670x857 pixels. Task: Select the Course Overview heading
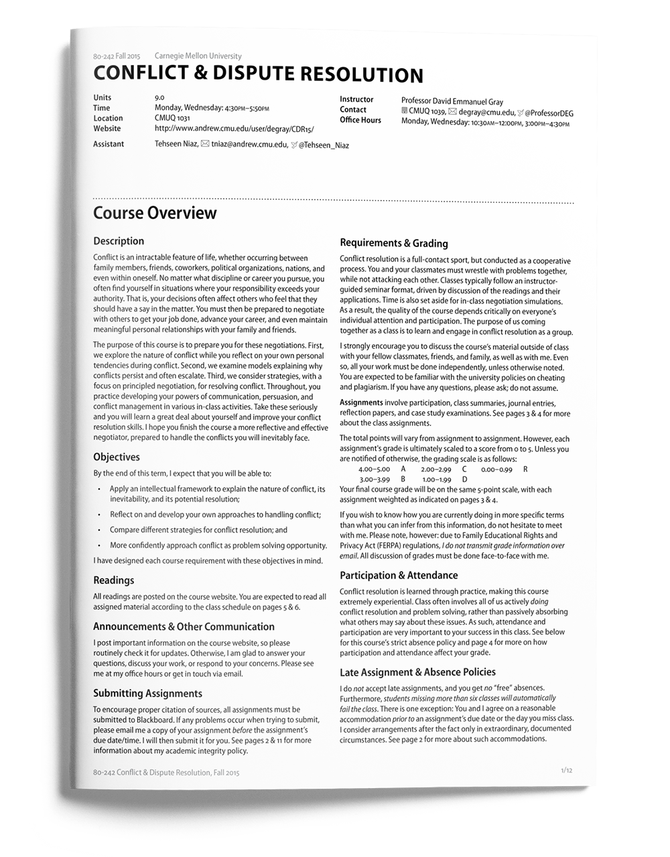(155, 213)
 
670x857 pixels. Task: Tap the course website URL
(234, 129)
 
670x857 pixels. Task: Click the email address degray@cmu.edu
(486, 112)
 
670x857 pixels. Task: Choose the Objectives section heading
(117, 457)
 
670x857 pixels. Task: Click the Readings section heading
(114, 580)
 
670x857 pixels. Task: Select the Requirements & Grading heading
(394, 243)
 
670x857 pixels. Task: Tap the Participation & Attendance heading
(399, 575)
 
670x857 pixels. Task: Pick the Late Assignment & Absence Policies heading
(417, 672)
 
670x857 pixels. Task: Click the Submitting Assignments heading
(147, 694)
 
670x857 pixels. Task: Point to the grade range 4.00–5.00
(374, 469)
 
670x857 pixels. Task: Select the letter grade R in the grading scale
(525, 469)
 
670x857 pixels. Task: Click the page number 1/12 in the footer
(566, 771)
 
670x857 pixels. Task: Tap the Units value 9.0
(159, 98)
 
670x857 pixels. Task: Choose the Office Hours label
(360, 120)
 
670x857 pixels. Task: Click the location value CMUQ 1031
(172, 118)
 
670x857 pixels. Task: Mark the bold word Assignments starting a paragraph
(361, 403)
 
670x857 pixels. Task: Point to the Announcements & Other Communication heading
(184, 627)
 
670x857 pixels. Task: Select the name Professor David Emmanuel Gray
(452, 102)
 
